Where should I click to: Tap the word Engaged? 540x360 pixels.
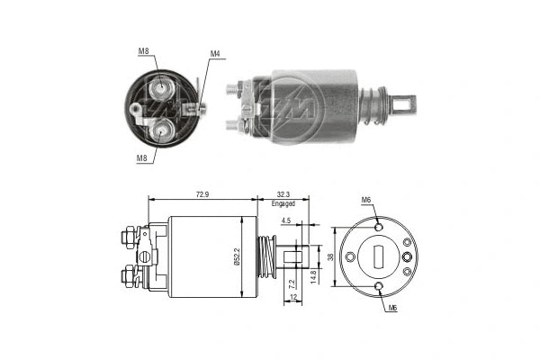click(284, 204)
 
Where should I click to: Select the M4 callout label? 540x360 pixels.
click(215, 54)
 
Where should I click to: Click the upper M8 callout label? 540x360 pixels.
click(143, 51)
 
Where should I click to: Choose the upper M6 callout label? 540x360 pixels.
click(365, 199)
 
